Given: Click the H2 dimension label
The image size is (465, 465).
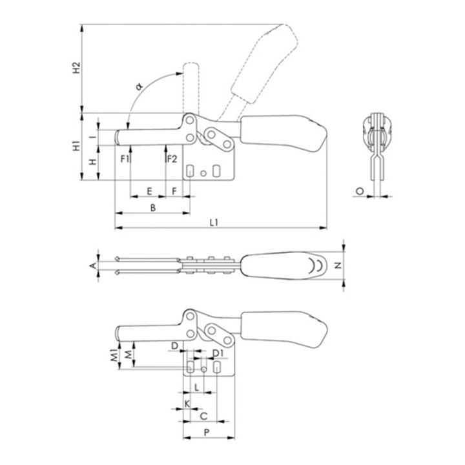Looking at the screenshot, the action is [x=77, y=68].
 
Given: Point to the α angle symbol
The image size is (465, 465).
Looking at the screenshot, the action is [x=139, y=87].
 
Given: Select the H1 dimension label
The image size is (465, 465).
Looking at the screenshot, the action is [x=77, y=145].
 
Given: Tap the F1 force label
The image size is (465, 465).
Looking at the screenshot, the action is [x=125, y=159].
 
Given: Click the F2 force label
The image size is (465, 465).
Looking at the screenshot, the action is [x=172, y=159].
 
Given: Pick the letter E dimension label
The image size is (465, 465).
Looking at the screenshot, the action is [x=149, y=191].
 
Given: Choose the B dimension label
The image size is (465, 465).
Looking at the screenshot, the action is [x=153, y=207].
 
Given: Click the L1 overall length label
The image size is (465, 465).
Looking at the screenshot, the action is [x=214, y=222].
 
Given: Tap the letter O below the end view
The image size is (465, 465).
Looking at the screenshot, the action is [x=360, y=191].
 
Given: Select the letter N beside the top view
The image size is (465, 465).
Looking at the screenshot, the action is [x=338, y=265].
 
